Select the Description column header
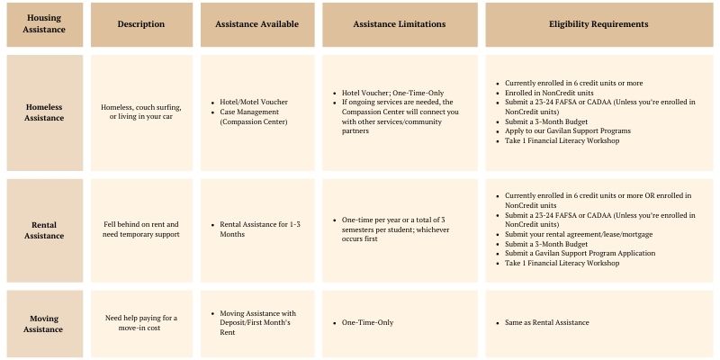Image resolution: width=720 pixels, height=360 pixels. coord(141,24)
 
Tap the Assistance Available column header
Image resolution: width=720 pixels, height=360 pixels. coord(256,24)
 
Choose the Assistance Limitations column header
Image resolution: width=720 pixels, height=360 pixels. coord(400,24)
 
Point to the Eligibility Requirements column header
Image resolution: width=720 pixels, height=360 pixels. coord(598,24)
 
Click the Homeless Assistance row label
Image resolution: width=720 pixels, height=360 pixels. coord(44,112)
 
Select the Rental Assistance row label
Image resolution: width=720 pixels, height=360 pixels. coord(44,229)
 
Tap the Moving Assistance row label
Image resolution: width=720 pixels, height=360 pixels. coord(44,323)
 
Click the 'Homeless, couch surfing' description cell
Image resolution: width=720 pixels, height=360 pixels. coord(141,112)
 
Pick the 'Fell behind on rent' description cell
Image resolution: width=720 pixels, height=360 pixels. coord(141,229)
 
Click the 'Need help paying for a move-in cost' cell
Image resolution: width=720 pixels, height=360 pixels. coord(141,323)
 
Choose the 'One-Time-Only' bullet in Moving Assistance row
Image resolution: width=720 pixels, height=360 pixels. coord(368,322)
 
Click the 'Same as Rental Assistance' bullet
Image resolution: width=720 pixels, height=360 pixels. coord(546,322)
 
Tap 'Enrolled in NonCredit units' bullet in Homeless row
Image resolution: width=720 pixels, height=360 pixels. coord(550,92)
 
